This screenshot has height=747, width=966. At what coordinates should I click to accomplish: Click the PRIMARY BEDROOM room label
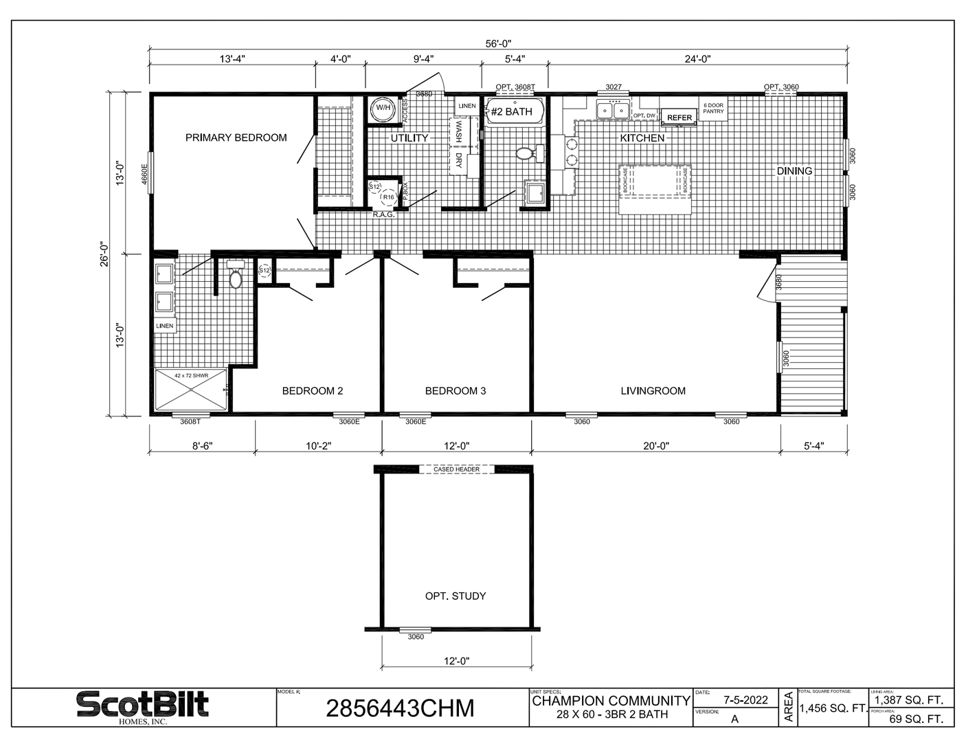236,137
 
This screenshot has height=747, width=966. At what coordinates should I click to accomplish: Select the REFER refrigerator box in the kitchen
679,118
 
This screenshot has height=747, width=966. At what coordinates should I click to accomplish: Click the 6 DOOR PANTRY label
713,109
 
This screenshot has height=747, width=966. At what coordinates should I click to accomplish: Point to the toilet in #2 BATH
528,153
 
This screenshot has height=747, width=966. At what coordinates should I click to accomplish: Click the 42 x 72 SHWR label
191,376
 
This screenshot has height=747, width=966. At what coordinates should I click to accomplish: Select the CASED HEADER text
456,469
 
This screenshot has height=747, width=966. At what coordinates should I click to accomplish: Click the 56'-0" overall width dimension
498,44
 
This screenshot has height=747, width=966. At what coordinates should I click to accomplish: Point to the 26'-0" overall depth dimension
105,254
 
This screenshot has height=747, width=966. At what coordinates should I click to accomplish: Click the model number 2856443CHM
400,708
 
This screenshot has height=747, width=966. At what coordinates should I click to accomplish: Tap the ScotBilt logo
142,706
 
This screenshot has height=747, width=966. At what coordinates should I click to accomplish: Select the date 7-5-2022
745,700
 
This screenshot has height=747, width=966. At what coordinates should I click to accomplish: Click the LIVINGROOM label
653,391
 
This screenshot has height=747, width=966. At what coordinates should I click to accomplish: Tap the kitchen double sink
613,110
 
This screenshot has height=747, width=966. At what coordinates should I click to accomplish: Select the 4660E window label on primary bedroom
144,173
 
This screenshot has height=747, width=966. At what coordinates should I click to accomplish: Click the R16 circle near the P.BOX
388,197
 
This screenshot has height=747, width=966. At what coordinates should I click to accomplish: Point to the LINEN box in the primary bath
165,326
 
